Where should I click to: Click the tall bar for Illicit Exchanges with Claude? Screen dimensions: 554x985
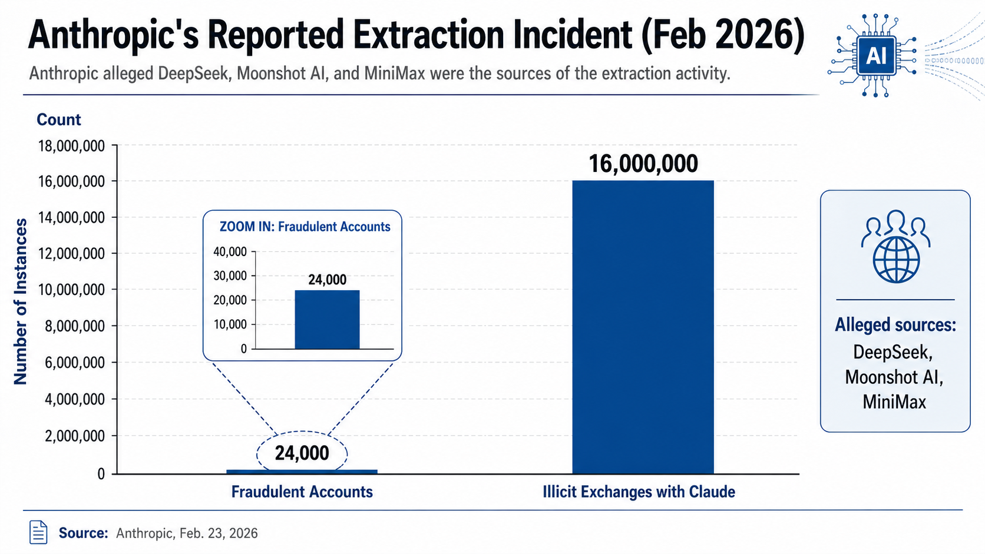643,327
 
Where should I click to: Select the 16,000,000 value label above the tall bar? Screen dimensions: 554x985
643,164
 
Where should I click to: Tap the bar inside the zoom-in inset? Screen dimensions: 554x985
327,320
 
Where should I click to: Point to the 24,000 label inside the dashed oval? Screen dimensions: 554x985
302,453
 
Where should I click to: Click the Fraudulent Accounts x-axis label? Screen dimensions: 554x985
302,492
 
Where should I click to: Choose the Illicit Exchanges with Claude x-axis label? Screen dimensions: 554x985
639,492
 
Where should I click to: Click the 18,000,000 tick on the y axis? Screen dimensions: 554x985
71,145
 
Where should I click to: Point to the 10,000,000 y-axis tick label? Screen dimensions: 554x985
71,290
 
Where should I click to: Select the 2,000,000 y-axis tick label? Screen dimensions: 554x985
75,436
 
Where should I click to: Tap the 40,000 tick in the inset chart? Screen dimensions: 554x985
230,252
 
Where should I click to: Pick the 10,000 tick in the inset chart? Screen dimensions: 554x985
230,324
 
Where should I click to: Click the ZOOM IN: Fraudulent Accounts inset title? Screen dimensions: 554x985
305,227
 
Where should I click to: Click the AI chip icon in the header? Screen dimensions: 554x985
876,56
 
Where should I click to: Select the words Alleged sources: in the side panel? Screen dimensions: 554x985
895,325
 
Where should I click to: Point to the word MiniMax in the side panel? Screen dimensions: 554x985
894,402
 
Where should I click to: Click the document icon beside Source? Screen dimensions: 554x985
38,532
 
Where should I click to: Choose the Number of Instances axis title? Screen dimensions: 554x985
21,301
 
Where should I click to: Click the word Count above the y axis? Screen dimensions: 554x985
58,120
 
